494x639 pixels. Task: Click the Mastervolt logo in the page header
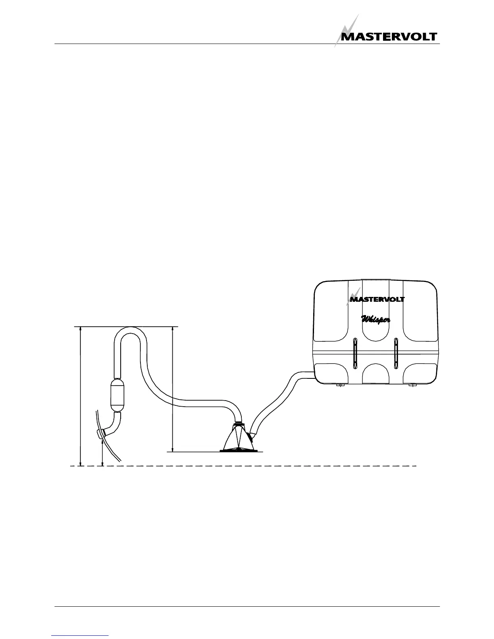click(x=389, y=36)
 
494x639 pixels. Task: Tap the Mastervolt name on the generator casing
click(x=377, y=299)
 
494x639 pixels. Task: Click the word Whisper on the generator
click(x=375, y=319)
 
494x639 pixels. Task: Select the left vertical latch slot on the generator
click(x=354, y=352)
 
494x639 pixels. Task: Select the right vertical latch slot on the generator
click(x=396, y=352)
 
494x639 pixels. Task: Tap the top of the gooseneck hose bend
click(x=130, y=331)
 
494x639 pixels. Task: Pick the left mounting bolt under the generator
click(x=340, y=385)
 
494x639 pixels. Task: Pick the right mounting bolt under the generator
click(x=412, y=385)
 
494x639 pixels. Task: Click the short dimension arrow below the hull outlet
click(x=103, y=452)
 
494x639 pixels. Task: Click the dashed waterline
click(x=242, y=466)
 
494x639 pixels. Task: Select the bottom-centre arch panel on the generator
click(x=375, y=373)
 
